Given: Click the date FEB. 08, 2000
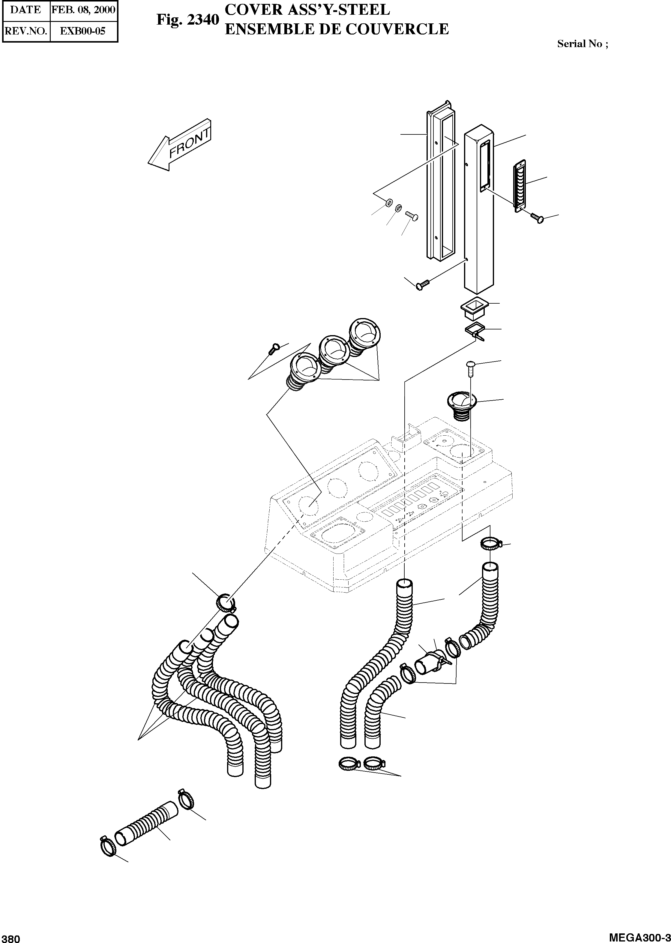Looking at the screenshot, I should pos(83,10).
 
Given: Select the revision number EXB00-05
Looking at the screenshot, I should pos(83,31).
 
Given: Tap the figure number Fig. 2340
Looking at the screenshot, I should pos(187,20).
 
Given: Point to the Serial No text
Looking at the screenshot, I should pos(582,44).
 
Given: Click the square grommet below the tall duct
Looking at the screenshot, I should pos(474,310).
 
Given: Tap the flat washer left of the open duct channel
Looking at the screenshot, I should pos(388,204).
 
